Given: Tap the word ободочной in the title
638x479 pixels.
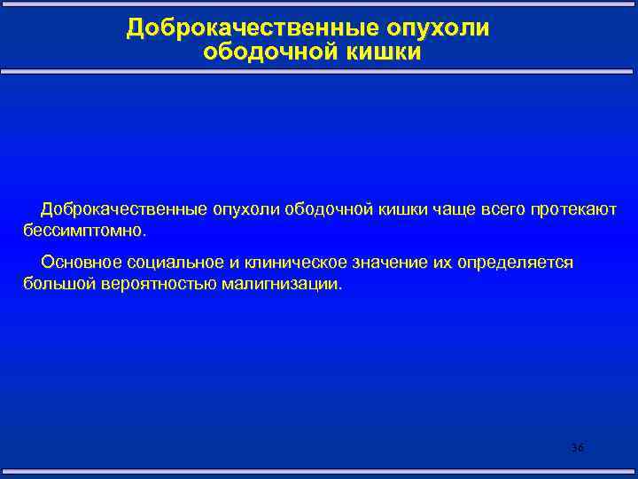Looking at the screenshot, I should point(260,53).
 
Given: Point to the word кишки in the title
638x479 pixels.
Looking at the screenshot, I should point(378,53).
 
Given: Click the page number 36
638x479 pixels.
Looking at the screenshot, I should point(577,448).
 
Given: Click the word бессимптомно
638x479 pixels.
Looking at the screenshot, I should point(82,231).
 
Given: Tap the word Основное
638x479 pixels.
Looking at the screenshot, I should point(78,263).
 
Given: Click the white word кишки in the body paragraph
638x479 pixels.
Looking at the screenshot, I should point(401,209).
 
